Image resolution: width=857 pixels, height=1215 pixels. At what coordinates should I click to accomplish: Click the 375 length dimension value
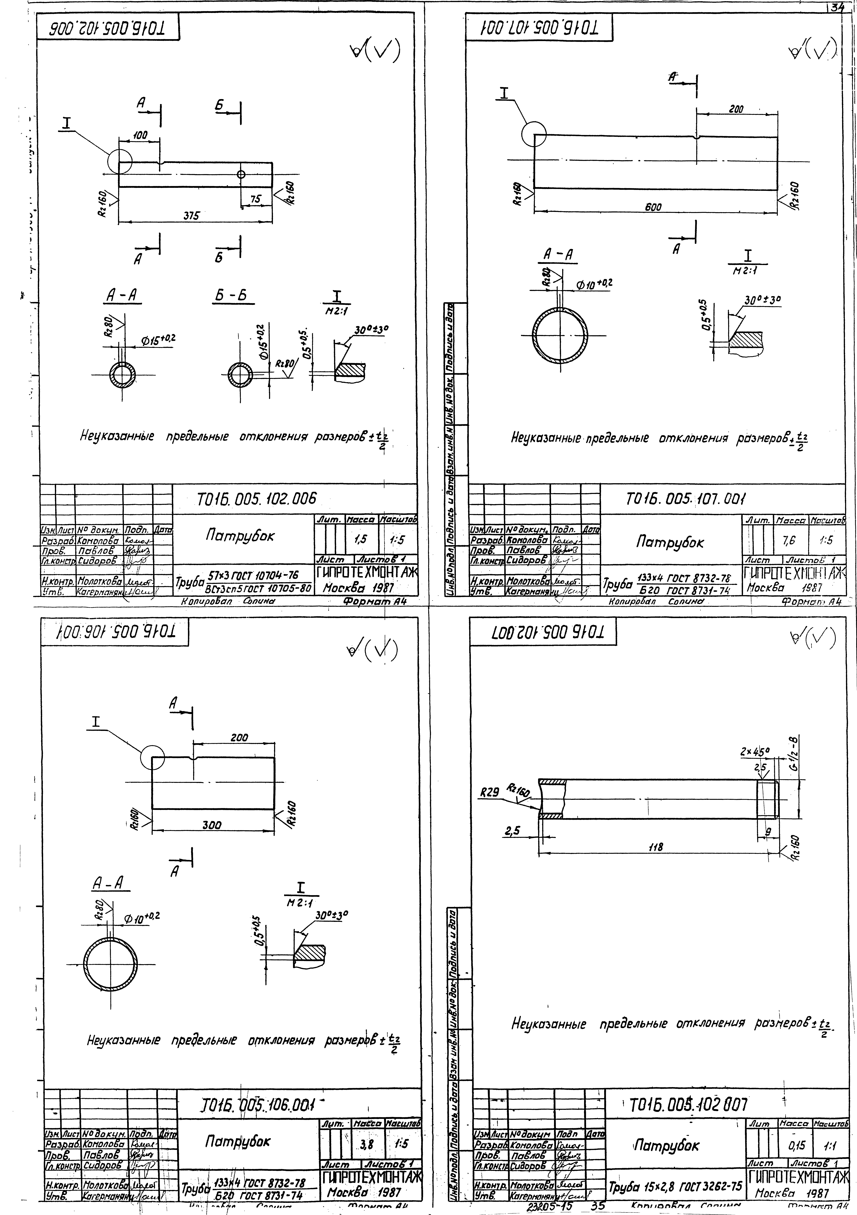tap(191, 216)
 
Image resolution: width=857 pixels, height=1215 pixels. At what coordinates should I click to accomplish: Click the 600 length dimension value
tap(653, 207)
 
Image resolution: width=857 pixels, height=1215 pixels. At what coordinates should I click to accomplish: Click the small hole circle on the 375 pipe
tap(241, 174)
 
